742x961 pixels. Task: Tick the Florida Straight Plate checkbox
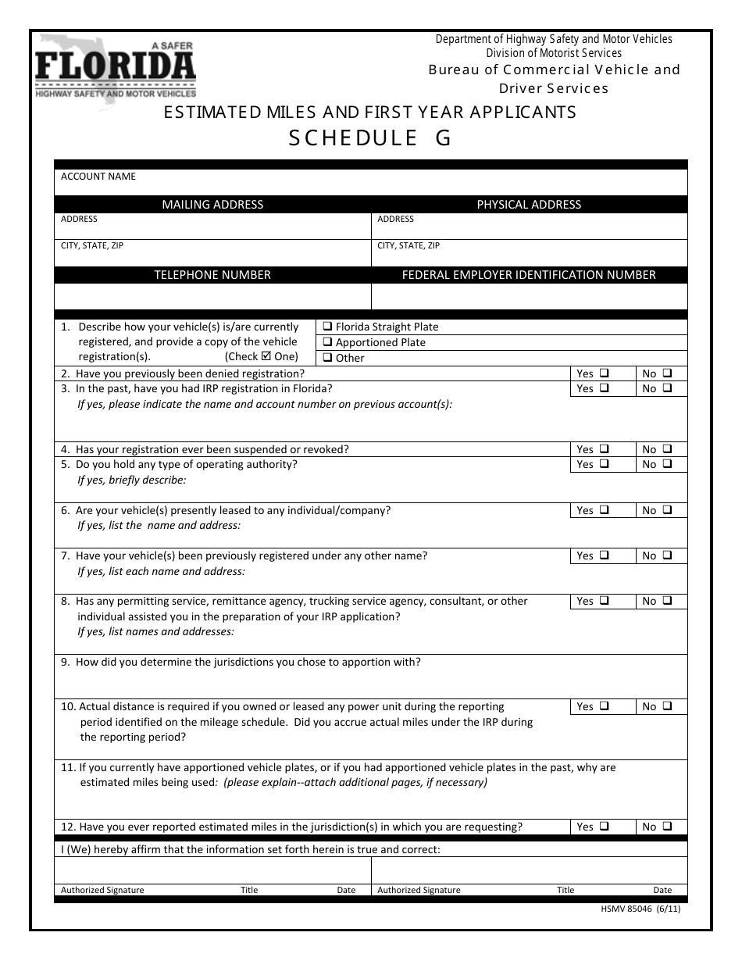328,327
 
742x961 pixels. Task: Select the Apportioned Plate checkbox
328,342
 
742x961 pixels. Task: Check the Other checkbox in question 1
328,358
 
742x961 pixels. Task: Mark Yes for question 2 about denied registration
605,373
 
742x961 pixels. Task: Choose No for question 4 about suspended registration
668,449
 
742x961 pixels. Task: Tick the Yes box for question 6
605,510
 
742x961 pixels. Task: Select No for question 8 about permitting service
668,602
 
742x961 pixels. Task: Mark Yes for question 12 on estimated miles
605,827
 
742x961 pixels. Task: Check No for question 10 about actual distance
668,706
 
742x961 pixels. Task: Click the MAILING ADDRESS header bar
212,205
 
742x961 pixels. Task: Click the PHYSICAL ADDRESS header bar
529,205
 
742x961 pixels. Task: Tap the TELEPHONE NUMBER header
212,275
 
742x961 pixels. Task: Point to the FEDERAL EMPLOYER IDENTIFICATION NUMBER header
529,275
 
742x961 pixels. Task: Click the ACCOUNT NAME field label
98,177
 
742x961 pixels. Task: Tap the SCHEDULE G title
370,138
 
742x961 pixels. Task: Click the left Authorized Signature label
102,890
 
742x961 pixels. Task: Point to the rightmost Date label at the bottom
662,890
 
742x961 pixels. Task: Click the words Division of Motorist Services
554,53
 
